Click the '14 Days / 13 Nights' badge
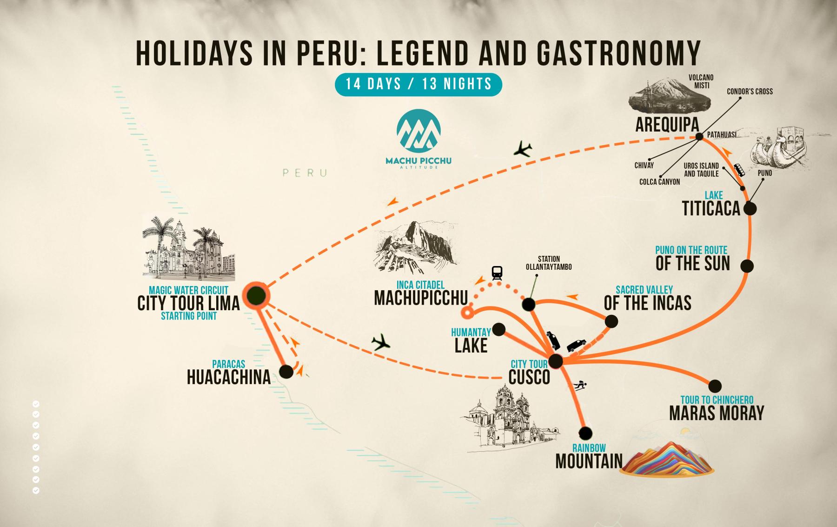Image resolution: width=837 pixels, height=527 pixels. (418, 84)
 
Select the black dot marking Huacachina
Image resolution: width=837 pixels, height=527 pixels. (286, 371)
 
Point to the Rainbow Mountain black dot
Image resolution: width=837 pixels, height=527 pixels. (585, 433)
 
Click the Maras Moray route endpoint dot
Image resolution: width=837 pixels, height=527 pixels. (715, 386)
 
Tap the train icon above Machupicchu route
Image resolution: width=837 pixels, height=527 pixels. (497, 273)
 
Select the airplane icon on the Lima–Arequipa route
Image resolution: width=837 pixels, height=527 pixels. (523, 149)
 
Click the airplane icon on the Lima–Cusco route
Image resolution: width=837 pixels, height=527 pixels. (381, 343)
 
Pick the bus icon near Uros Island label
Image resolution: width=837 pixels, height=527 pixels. (739, 170)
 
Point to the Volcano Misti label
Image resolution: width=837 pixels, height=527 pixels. (701, 81)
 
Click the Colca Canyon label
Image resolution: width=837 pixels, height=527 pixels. (659, 182)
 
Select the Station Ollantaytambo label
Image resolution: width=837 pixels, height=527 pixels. (549, 263)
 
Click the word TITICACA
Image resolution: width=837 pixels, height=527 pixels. (711, 209)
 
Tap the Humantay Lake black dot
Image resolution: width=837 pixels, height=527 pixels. (498, 329)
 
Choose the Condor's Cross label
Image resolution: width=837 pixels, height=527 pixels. (750, 92)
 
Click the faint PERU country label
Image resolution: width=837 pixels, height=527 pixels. (305, 173)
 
